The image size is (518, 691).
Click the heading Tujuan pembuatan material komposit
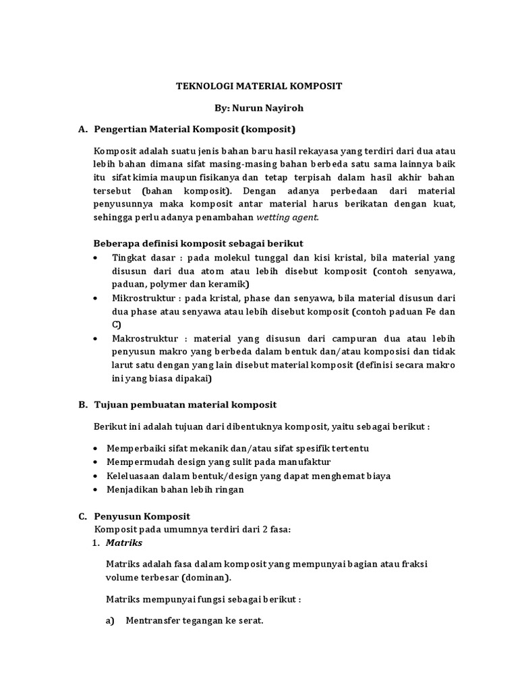[x=185, y=405]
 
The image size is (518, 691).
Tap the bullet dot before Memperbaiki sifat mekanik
[x=97, y=449]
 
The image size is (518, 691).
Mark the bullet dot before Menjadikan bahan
[x=97, y=490]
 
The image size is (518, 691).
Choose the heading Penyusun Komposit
[x=143, y=516]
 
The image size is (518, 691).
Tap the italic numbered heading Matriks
[x=124, y=543]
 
